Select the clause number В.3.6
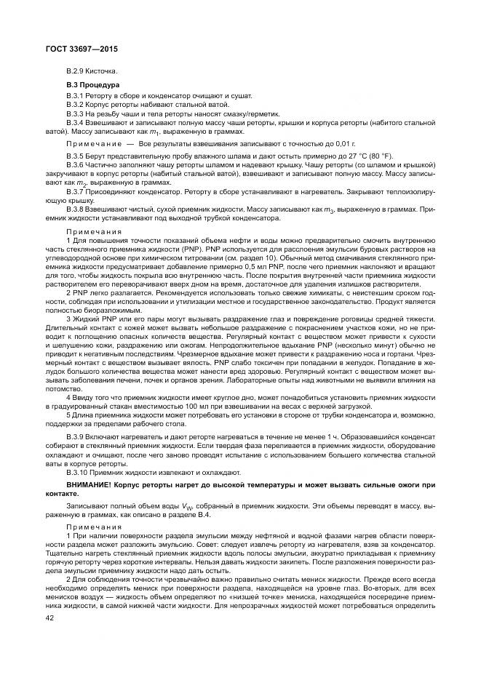(75, 166)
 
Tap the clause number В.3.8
(75, 209)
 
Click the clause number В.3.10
(76, 471)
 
